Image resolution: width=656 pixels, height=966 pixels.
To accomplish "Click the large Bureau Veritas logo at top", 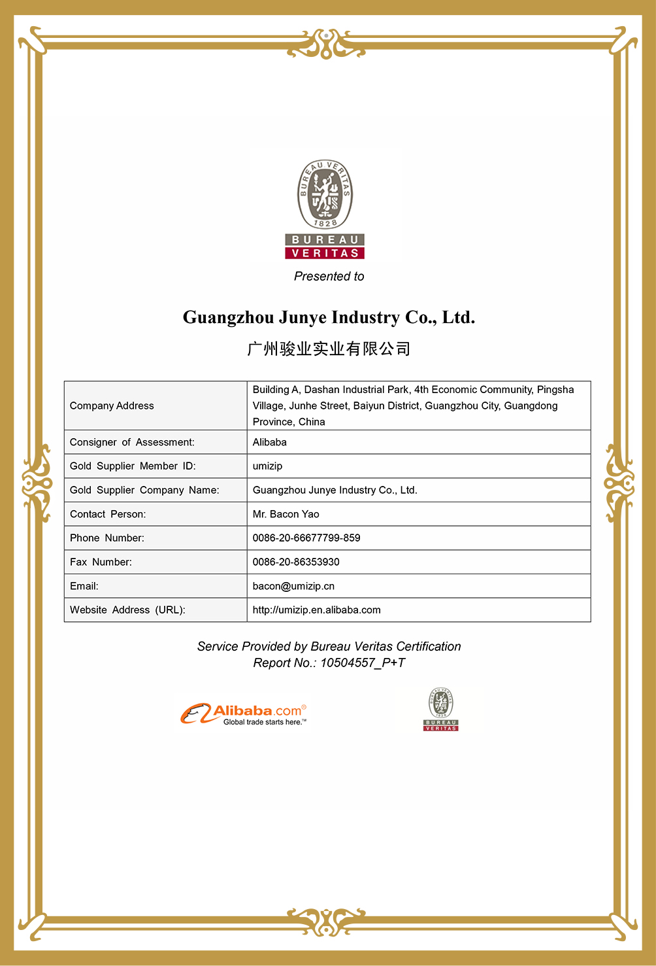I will coord(325,209).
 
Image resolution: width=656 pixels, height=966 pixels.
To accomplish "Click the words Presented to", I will coord(329,277).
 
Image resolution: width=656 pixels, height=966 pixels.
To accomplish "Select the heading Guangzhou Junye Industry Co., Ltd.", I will coord(329,318).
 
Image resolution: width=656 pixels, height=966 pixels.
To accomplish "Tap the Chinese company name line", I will coord(329,349).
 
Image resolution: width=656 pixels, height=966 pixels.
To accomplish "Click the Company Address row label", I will coord(112,406).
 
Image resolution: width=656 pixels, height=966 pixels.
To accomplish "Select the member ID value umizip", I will coord(267,466).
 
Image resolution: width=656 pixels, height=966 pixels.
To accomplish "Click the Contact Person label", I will coord(108,515).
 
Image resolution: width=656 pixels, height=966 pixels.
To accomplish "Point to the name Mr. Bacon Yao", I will coord(286,515).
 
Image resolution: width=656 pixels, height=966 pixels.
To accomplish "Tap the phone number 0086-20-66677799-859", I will coord(306,538).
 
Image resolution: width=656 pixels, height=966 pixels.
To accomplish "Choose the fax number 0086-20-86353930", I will coord(296,562).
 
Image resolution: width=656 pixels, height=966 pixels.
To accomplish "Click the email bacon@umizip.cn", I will coord(293,587).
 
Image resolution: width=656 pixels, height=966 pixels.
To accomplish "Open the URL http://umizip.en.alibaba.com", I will coord(316,610).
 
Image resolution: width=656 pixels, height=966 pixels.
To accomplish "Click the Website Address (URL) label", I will coord(127,610).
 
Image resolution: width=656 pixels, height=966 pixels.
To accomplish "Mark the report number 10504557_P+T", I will coord(362,663).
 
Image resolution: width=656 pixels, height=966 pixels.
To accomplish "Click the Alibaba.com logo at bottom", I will coord(243,714).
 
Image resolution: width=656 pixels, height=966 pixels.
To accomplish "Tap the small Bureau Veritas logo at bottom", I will coord(441,710).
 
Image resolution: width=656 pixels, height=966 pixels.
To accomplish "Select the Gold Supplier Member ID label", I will coord(133,466).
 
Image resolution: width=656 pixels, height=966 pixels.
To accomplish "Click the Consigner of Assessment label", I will coord(132,443).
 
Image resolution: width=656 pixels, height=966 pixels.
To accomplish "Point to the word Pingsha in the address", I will coord(555,390).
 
